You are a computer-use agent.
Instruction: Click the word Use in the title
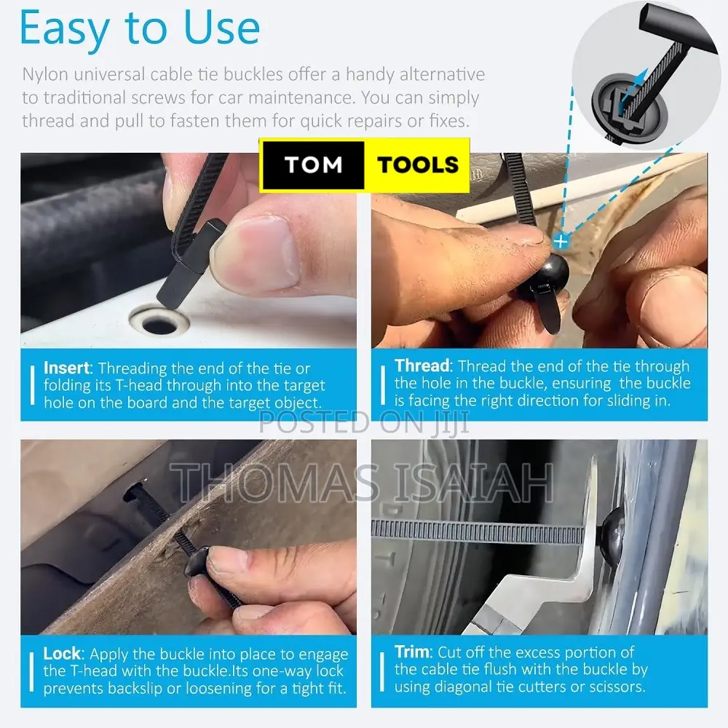(221, 28)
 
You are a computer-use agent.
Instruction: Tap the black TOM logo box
(314, 165)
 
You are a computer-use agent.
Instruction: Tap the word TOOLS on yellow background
(418, 165)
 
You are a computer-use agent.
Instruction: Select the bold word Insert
(66, 368)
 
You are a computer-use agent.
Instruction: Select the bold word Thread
(422, 366)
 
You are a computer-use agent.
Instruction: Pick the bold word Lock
(62, 654)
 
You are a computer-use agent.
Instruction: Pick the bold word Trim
(412, 652)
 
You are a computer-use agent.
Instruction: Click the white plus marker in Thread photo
(561, 242)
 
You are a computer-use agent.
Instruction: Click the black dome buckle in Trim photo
(612, 533)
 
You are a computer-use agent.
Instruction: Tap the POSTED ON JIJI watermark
(363, 422)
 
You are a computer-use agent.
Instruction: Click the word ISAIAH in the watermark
(474, 483)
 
